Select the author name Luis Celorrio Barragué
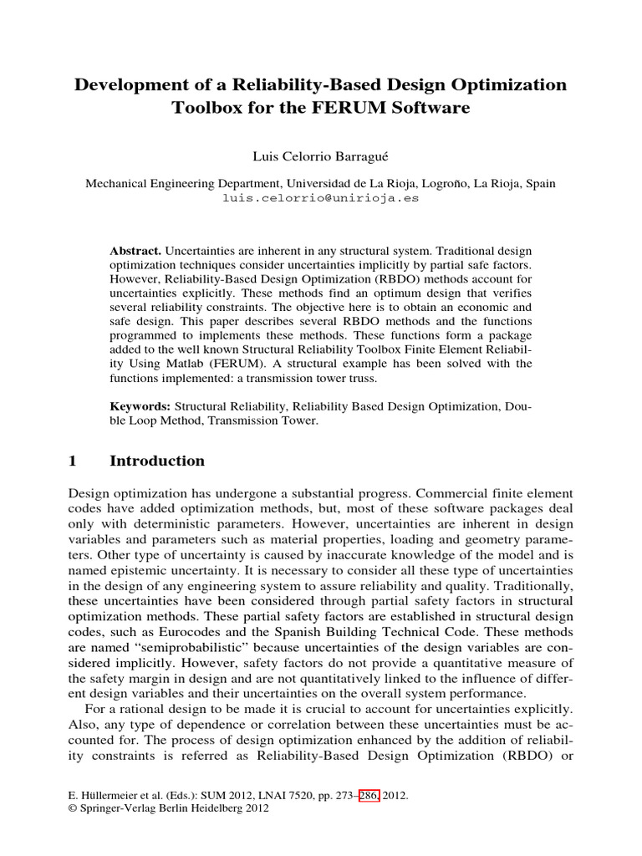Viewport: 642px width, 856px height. (320, 157)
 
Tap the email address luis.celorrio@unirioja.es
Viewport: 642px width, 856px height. (320, 199)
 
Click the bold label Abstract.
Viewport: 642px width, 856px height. (136, 252)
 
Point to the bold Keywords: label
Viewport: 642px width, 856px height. (141, 405)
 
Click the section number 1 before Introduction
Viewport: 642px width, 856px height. (72, 461)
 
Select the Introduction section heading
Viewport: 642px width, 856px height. (157, 461)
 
